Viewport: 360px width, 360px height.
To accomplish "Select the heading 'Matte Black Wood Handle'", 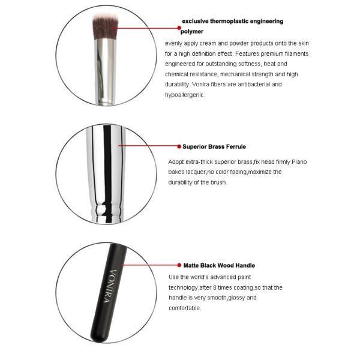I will click(x=219, y=265).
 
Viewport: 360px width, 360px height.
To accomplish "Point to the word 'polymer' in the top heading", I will click(x=192, y=31).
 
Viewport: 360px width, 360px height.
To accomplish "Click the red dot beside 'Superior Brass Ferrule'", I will click(x=178, y=146).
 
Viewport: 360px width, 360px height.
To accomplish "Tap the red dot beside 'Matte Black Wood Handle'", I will click(x=178, y=265).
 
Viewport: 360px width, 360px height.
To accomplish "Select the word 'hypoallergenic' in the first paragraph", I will click(x=185, y=95).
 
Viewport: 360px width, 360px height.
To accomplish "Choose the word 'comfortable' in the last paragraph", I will click(x=185, y=308).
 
